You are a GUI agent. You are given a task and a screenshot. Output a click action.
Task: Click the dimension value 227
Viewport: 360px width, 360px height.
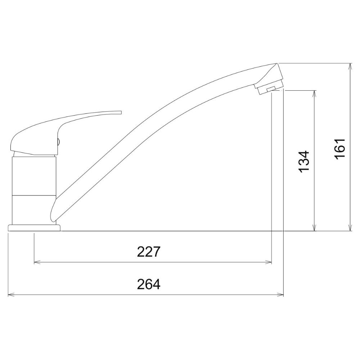pyautogui.click(x=148, y=252)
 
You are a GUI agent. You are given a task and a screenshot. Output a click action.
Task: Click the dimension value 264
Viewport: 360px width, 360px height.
pyautogui.click(x=149, y=284)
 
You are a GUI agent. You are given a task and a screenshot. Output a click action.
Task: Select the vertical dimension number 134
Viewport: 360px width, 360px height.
pyautogui.click(x=304, y=162)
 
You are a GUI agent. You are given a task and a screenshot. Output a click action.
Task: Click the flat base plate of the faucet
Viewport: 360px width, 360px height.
pyautogui.click(x=34, y=228)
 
